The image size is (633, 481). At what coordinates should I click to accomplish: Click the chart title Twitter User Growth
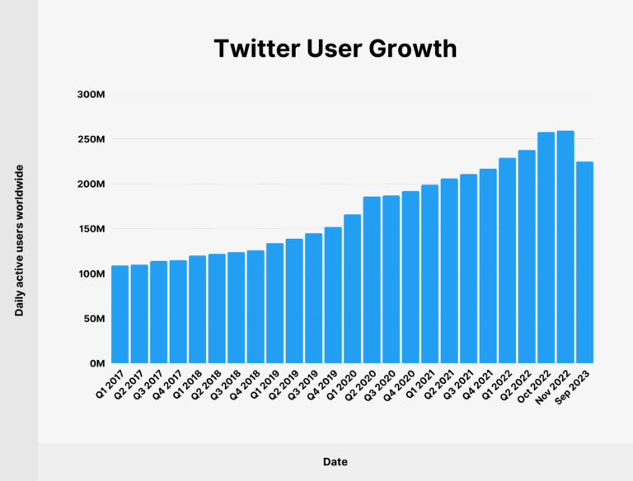click(335, 49)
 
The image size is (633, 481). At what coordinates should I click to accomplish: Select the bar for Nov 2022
click(565, 247)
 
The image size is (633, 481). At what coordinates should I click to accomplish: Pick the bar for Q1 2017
click(120, 314)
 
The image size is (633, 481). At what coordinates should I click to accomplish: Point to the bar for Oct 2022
click(546, 248)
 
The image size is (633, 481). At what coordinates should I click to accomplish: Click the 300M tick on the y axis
click(91, 95)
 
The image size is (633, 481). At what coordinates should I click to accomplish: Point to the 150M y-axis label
click(91, 229)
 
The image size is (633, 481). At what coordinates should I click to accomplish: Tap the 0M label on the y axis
click(96, 363)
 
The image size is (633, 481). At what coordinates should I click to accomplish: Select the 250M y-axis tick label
click(91, 139)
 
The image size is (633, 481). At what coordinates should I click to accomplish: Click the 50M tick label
click(93, 319)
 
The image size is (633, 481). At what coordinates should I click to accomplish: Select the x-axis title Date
click(335, 462)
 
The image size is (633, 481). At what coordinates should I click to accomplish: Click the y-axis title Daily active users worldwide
click(19, 240)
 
